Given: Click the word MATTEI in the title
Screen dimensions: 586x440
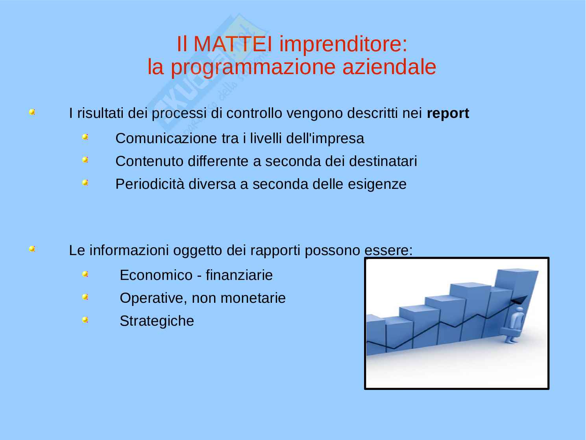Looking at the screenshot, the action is coord(233,44).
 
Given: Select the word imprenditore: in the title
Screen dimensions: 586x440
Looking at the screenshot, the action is coord(343,45).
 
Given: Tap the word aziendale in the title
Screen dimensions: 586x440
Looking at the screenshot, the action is coord(389,67).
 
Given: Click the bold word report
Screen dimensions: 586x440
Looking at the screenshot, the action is coord(448,114).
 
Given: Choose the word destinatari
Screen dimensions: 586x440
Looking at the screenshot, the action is coord(383,161).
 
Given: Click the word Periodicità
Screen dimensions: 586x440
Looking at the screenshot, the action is coord(150,184).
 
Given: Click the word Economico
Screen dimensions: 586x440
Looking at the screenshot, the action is coord(156,275).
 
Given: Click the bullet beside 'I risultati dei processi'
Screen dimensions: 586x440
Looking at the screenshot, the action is coord(32,112).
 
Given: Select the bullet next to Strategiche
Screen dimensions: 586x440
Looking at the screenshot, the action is coord(85,320).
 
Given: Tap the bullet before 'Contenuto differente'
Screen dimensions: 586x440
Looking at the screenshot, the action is coord(85,160).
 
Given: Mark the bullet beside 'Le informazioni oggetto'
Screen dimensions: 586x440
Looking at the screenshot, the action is coord(32,249).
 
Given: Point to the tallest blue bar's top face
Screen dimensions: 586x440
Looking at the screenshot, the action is coord(518,270).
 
